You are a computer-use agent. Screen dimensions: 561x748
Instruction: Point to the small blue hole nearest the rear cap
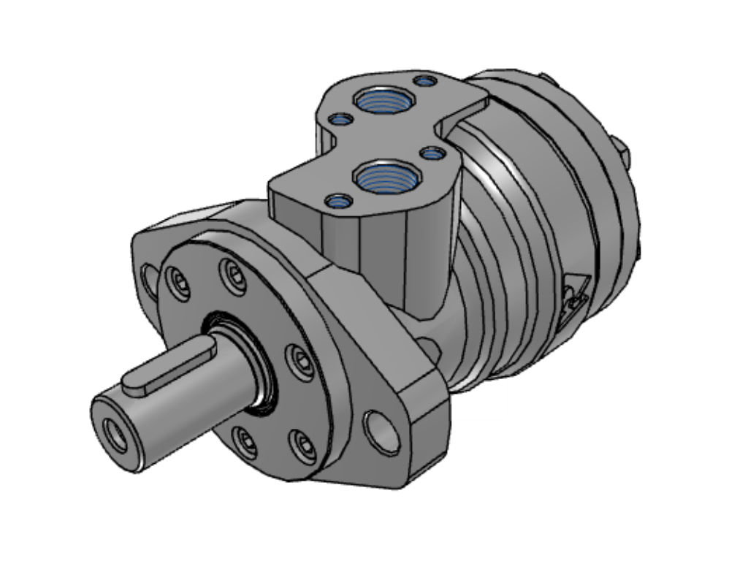423,80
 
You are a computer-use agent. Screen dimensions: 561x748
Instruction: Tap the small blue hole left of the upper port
337,118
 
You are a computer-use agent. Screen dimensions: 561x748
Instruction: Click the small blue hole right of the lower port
432,153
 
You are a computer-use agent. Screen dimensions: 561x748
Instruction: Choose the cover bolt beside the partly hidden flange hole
178,282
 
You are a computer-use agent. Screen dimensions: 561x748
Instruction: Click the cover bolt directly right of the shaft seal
299,361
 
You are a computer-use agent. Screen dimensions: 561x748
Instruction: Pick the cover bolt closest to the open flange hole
302,444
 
